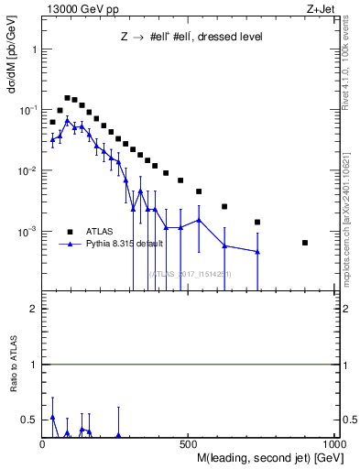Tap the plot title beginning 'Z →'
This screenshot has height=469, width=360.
point(191,38)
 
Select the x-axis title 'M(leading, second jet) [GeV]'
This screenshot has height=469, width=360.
point(267,456)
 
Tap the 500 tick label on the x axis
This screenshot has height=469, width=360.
point(187,444)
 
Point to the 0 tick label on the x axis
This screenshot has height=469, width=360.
point(42,444)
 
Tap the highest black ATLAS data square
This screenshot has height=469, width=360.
point(67,97)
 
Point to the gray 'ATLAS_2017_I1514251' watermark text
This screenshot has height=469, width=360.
point(190,273)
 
